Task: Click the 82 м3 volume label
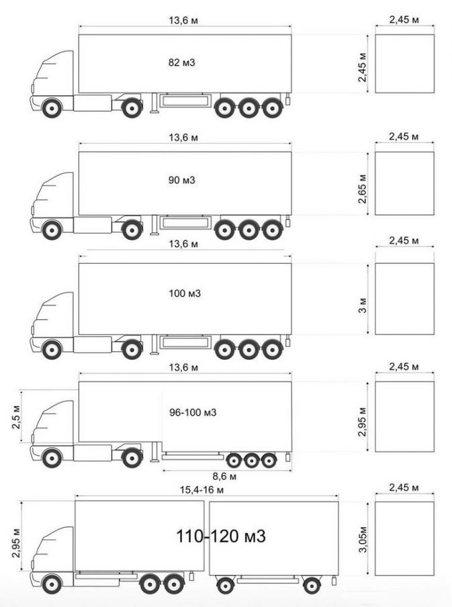[181, 62]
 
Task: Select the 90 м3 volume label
[181, 180]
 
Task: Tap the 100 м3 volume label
[185, 293]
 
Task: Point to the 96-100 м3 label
[193, 413]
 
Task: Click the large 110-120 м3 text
[221, 536]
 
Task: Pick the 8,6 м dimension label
[224, 477]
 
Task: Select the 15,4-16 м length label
[201, 489]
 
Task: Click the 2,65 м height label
[363, 189]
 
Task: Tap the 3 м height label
[363, 306]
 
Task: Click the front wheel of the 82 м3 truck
[52, 108]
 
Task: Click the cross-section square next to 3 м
[404, 299]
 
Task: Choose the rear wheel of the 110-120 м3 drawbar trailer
[312, 586]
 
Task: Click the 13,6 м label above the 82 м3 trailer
[183, 20]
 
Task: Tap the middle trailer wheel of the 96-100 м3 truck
[251, 461]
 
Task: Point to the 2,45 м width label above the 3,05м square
[404, 487]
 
